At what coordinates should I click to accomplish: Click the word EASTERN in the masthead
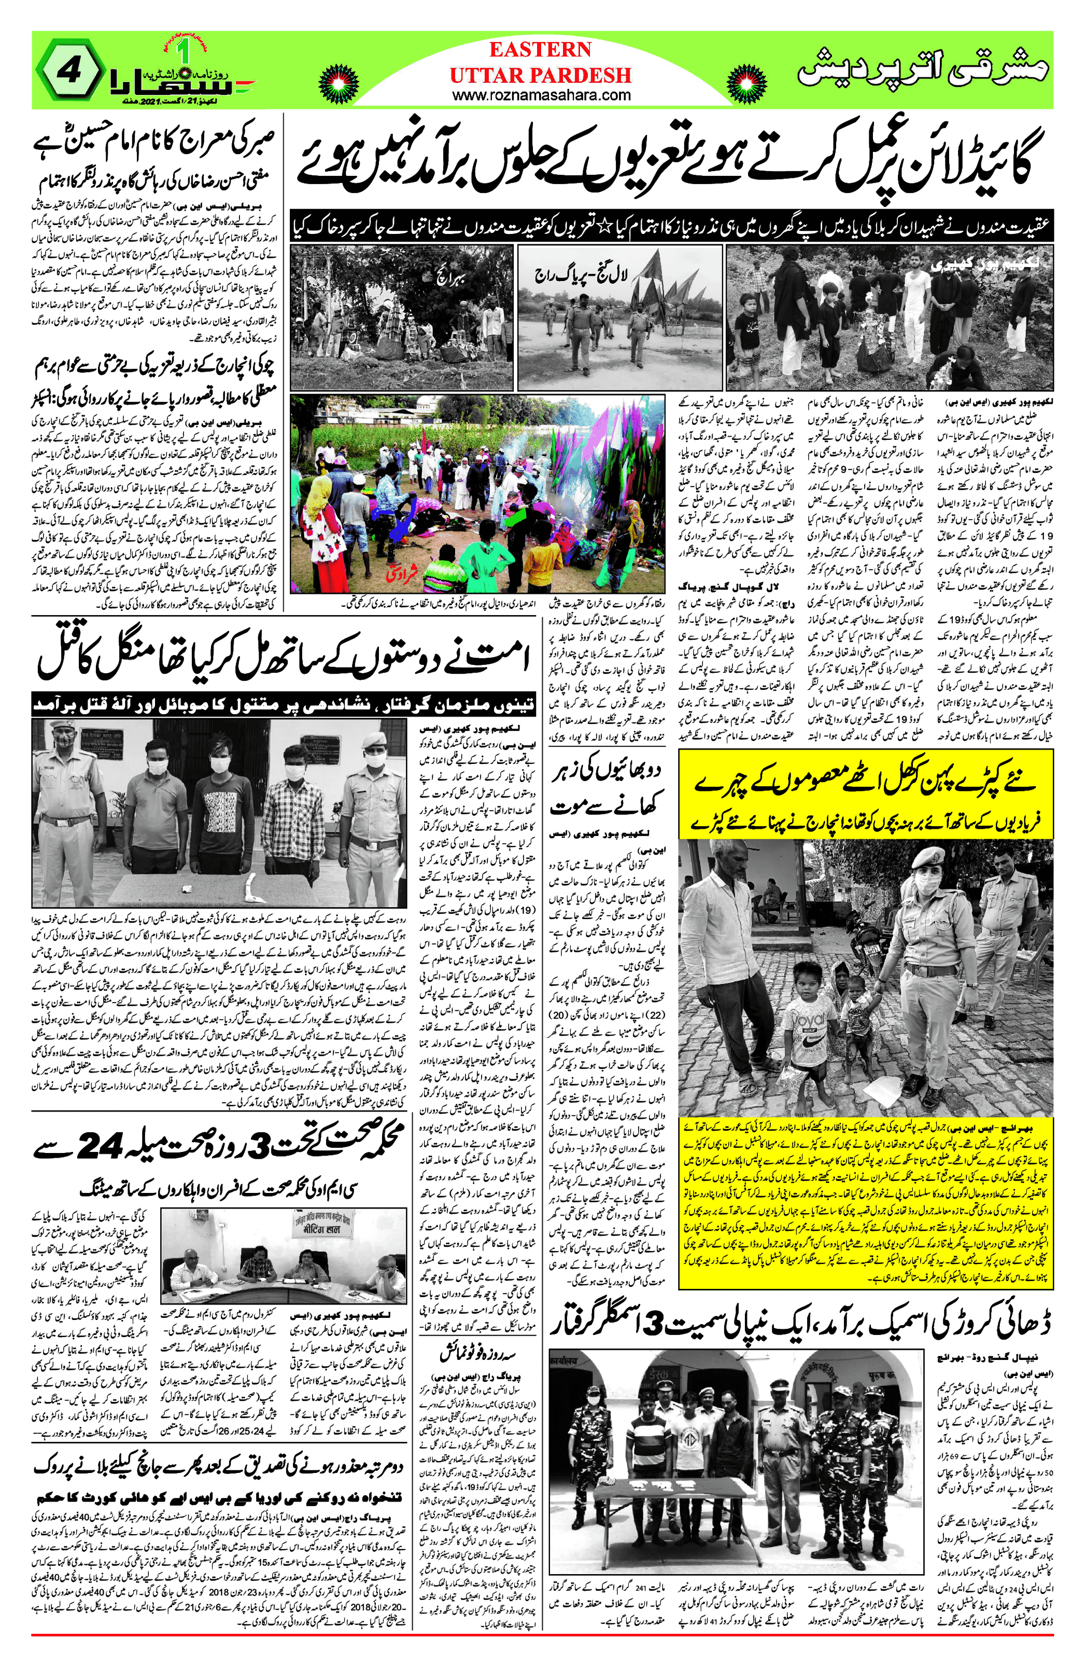tap(540, 50)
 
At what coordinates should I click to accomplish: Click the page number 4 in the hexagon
tap(72, 73)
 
